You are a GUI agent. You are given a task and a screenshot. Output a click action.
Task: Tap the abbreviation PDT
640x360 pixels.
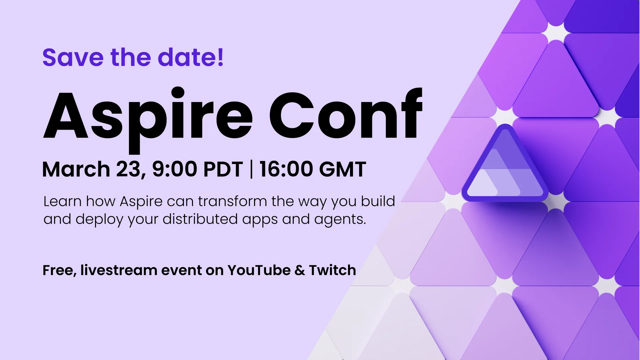(223, 169)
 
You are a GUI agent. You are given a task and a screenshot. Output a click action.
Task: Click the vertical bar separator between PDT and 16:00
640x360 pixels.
(251, 169)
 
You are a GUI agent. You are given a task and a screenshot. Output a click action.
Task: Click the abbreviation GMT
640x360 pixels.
(342, 169)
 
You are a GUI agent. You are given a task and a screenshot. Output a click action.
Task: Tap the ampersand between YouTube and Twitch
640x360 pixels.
(300, 270)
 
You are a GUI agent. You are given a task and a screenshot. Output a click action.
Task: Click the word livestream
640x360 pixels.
(119, 270)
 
